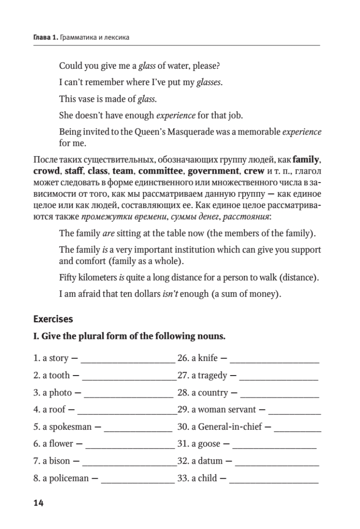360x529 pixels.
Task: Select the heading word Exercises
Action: [53, 318]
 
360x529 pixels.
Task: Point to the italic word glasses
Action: [208, 82]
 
